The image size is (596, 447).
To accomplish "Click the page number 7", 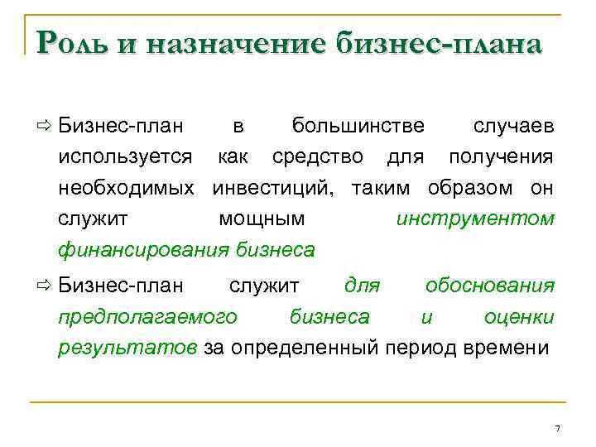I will click(557, 428).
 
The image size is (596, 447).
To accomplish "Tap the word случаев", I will click(513, 126).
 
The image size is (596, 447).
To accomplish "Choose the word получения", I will click(501, 156).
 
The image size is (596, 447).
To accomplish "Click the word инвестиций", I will click(273, 188).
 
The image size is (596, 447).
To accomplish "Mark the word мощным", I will click(262, 219).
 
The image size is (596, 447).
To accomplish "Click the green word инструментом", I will click(475, 219).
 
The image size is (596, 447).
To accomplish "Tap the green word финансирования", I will click(145, 249).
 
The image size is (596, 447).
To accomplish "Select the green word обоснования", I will click(489, 286).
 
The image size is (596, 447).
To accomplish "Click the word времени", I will click(508, 348).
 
